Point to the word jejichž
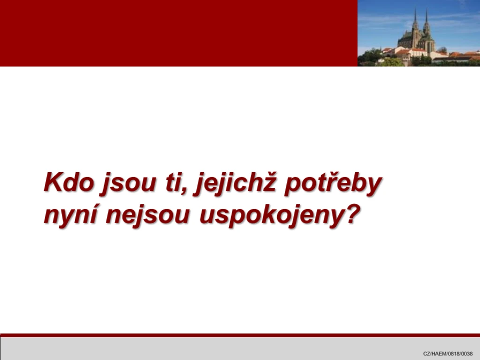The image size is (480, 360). click(235, 184)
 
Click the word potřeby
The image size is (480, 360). click(333, 184)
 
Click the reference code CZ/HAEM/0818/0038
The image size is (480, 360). click(448, 353)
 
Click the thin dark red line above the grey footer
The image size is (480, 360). click(240, 335)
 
